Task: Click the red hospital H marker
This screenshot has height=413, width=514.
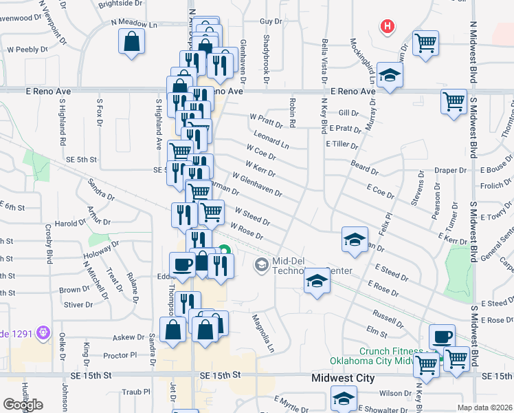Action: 388,27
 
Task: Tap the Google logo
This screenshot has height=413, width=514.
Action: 23,405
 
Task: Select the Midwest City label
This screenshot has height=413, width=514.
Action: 343,378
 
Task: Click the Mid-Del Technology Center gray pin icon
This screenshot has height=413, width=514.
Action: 261,264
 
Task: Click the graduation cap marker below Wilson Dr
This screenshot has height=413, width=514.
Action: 344,398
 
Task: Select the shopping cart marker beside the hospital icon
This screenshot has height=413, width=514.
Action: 426,42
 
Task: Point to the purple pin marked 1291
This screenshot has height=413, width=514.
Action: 44,332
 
